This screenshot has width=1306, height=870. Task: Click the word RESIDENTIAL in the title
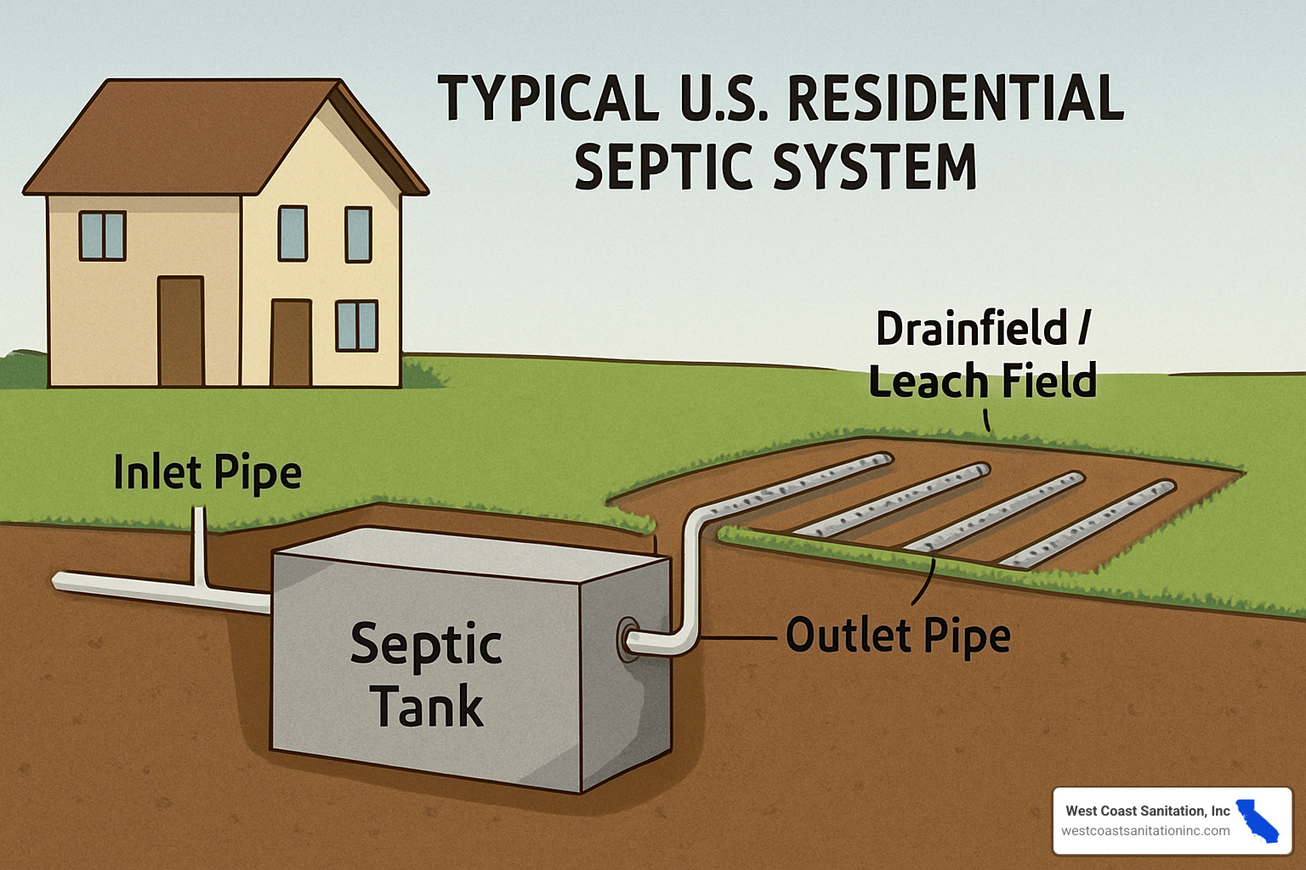[956, 98]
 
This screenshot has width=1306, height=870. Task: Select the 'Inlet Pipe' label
[207, 472]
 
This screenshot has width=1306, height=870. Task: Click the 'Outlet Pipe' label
[898, 635]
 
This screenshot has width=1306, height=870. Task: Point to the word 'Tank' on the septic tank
[427, 706]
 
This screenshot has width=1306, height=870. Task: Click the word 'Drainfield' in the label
[971, 329]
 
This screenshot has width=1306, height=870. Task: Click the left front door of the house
[180, 331]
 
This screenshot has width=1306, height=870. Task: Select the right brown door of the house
[291, 342]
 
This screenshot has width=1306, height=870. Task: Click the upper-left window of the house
[102, 235]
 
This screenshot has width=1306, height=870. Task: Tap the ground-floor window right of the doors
[357, 325]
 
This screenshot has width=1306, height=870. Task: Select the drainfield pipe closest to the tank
[799, 489]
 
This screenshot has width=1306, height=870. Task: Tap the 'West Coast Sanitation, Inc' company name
[1147, 811]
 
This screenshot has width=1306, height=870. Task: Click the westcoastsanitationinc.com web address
[1145, 831]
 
